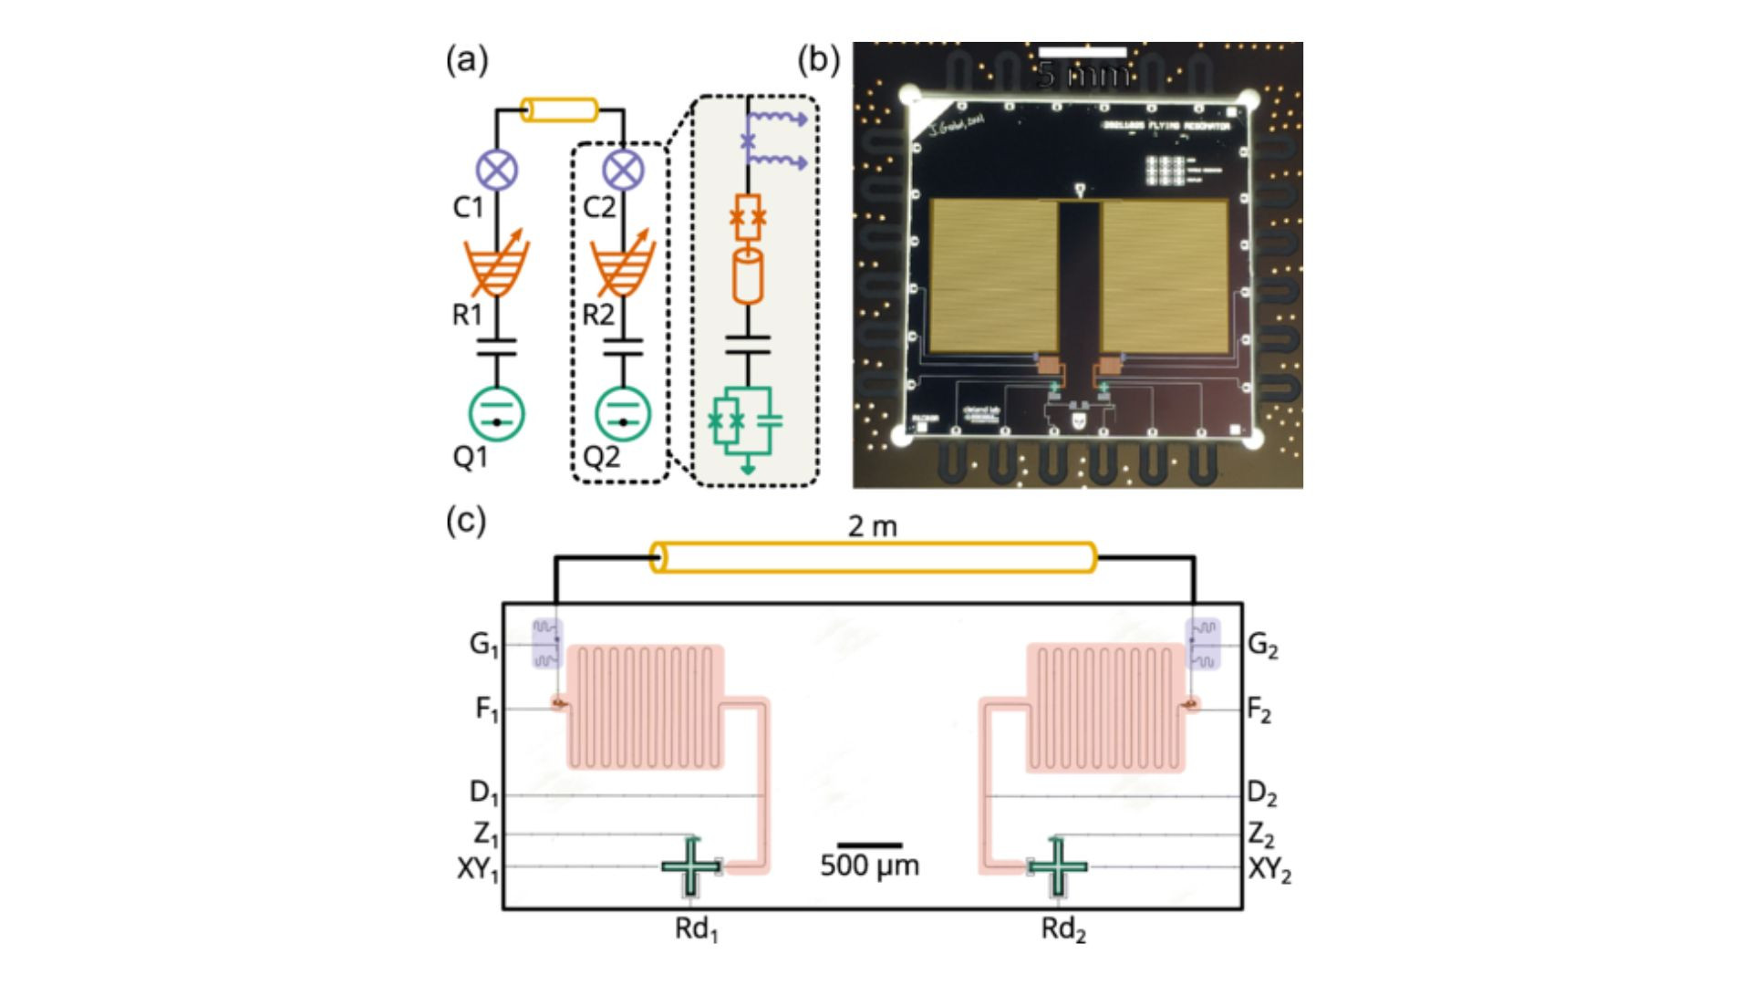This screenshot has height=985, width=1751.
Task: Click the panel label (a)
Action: pyautogui.click(x=467, y=61)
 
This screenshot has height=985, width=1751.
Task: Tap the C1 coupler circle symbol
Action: pyautogui.click(x=497, y=170)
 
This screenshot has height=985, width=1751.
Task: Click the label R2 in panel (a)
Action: pyautogui.click(x=598, y=316)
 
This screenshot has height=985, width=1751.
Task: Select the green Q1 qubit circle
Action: pyautogui.click(x=497, y=413)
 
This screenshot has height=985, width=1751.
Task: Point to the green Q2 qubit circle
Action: pyautogui.click(x=623, y=413)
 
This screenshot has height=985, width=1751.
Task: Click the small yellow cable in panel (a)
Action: pyautogui.click(x=559, y=110)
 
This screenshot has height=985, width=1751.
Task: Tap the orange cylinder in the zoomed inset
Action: pyautogui.click(x=748, y=276)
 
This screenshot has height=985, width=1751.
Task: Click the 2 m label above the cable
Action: pyautogui.click(x=873, y=527)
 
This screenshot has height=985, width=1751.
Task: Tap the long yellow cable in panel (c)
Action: pyautogui.click(x=873, y=557)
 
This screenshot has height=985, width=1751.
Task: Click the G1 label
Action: pyautogui.click(x=484, y=645)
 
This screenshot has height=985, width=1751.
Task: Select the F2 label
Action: pyautogui.click(x=1259, y=710)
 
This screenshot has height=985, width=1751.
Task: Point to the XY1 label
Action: pyautogui.click(x=478, y=869)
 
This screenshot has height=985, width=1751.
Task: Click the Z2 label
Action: pyautogui.click(x=1261, y=835)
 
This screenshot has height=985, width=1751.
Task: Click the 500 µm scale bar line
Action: pyautogui.click(x=870, y=845)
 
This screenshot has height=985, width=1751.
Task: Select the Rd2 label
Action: pyautogui.click(x=1063, y=930)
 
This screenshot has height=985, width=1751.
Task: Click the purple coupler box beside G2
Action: pyautogui.click(x=1202, y=644)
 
